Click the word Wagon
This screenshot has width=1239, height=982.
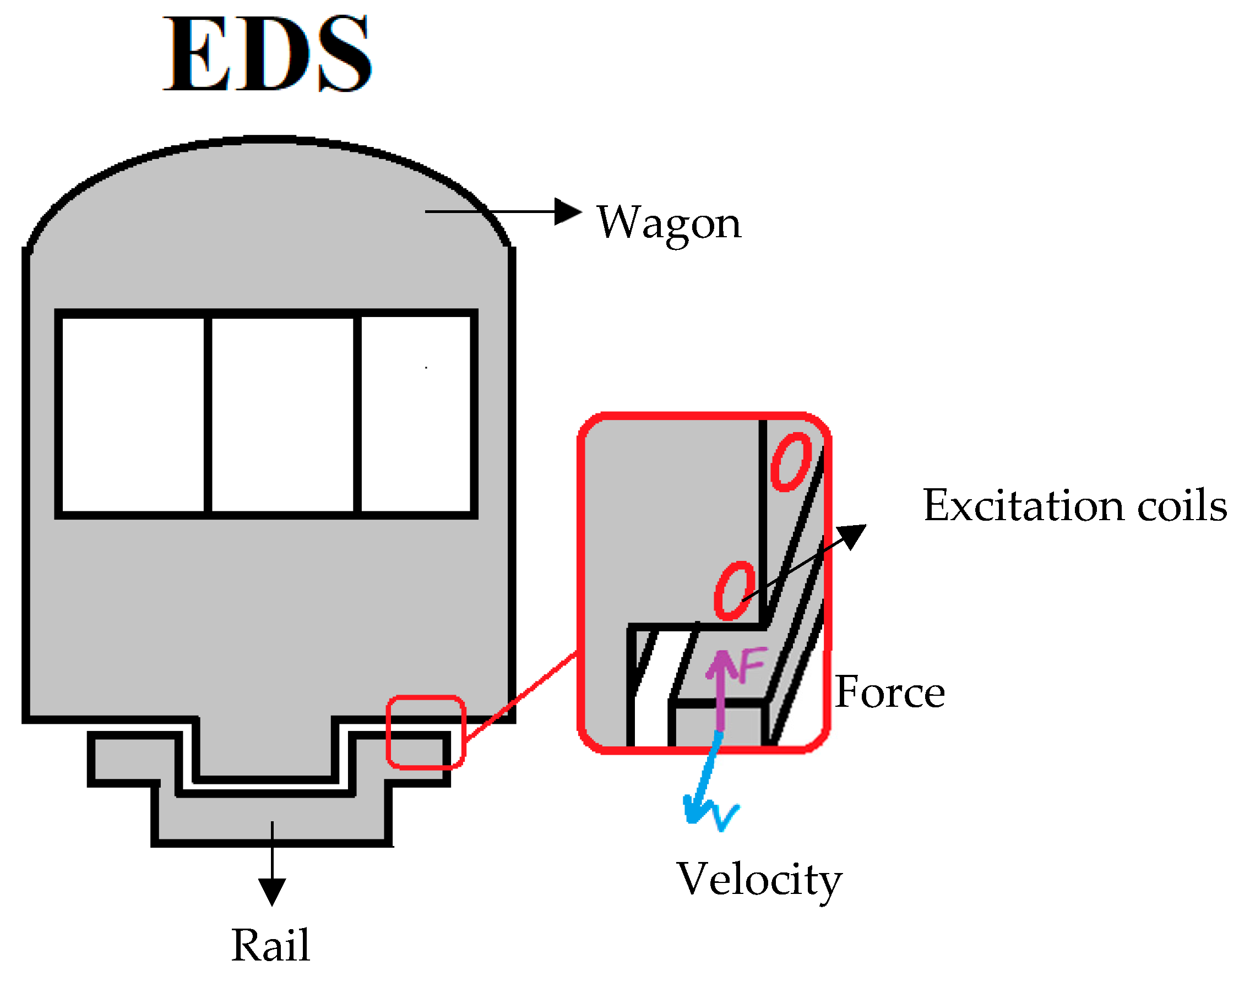point(669,223)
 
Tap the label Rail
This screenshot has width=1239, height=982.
point(271,945)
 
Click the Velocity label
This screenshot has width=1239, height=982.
point(759,880)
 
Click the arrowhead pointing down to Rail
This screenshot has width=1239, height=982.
point(272,891)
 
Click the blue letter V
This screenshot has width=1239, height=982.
point(725,816)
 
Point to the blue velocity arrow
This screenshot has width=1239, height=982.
point(706,776)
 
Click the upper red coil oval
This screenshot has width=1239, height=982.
point(791,462)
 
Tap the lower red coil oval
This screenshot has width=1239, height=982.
point(734,590)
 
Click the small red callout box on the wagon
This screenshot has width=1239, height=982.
point(426,732)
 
